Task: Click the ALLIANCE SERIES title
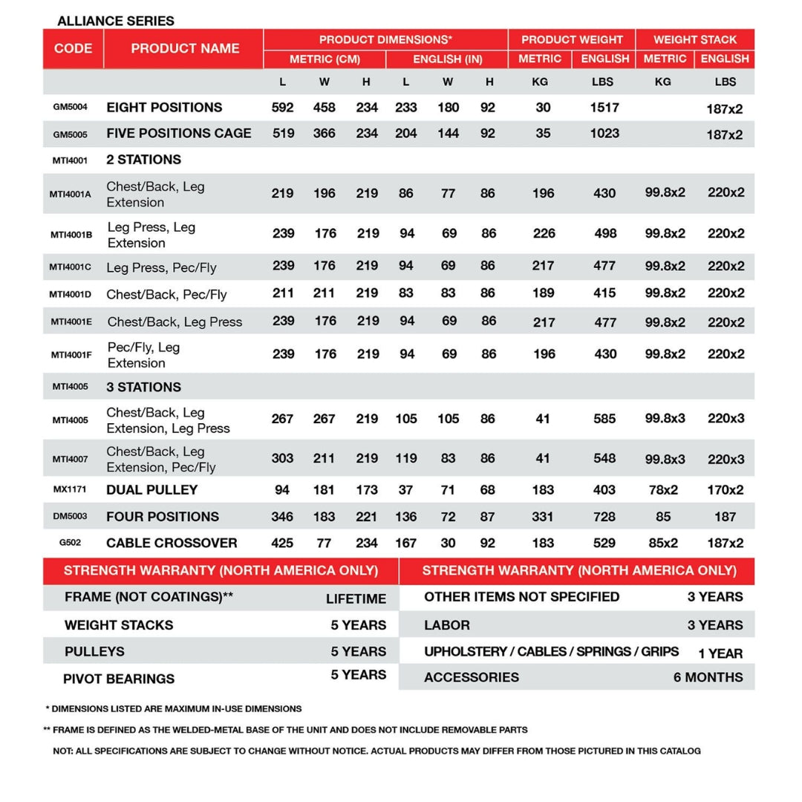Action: coord(116,21)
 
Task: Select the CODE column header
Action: coord(73,49)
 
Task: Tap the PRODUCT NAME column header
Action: coord(185,49)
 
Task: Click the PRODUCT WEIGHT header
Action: coord(572,39)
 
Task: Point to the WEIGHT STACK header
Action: coord(695,39)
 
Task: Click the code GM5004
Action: coord(70,107)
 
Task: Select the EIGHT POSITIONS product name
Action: coord(164,108)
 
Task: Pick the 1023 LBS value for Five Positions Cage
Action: coord(604,134)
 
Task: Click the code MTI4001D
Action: coord(71,294)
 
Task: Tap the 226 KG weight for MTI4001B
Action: coord(544,233)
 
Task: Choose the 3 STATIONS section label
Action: coord(143,387)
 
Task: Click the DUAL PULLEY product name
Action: coord(151,490)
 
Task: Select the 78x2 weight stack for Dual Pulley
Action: coord(662,490)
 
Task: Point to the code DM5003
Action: coord(70,517)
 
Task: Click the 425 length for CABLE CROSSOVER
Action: coord(282,543)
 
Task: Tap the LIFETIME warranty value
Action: coord(356,599)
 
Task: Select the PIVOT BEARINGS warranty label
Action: coord(119,679)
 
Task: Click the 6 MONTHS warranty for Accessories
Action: coord(708,677)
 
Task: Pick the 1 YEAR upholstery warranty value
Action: coord(720,653)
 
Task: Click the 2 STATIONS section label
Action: coord(143,160)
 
